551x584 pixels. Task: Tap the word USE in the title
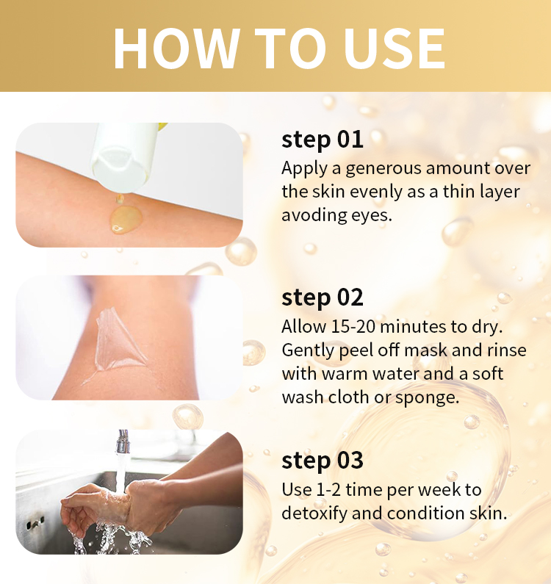point(395,48)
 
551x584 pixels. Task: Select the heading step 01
point(323,140)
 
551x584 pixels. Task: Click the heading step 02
point(323,298)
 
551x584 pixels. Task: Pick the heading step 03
point(323,461)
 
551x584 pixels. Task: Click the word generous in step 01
point(383,169)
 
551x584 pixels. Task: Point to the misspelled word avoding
point(314,215)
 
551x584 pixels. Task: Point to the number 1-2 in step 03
point(328,490)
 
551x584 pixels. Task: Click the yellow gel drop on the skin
point(126,220)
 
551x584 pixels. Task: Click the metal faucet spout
point(123,441)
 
